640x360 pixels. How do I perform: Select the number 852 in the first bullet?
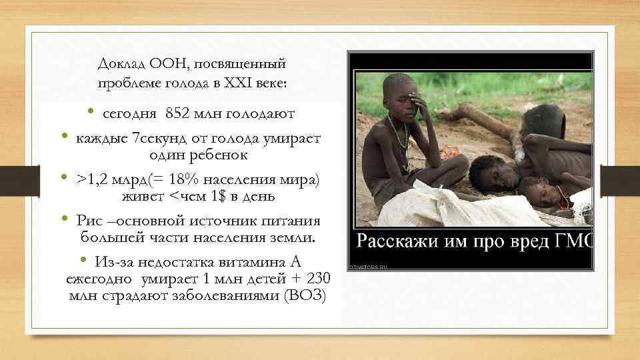178,115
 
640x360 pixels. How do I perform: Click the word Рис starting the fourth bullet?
89,221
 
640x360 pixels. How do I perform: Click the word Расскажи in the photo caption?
394,240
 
